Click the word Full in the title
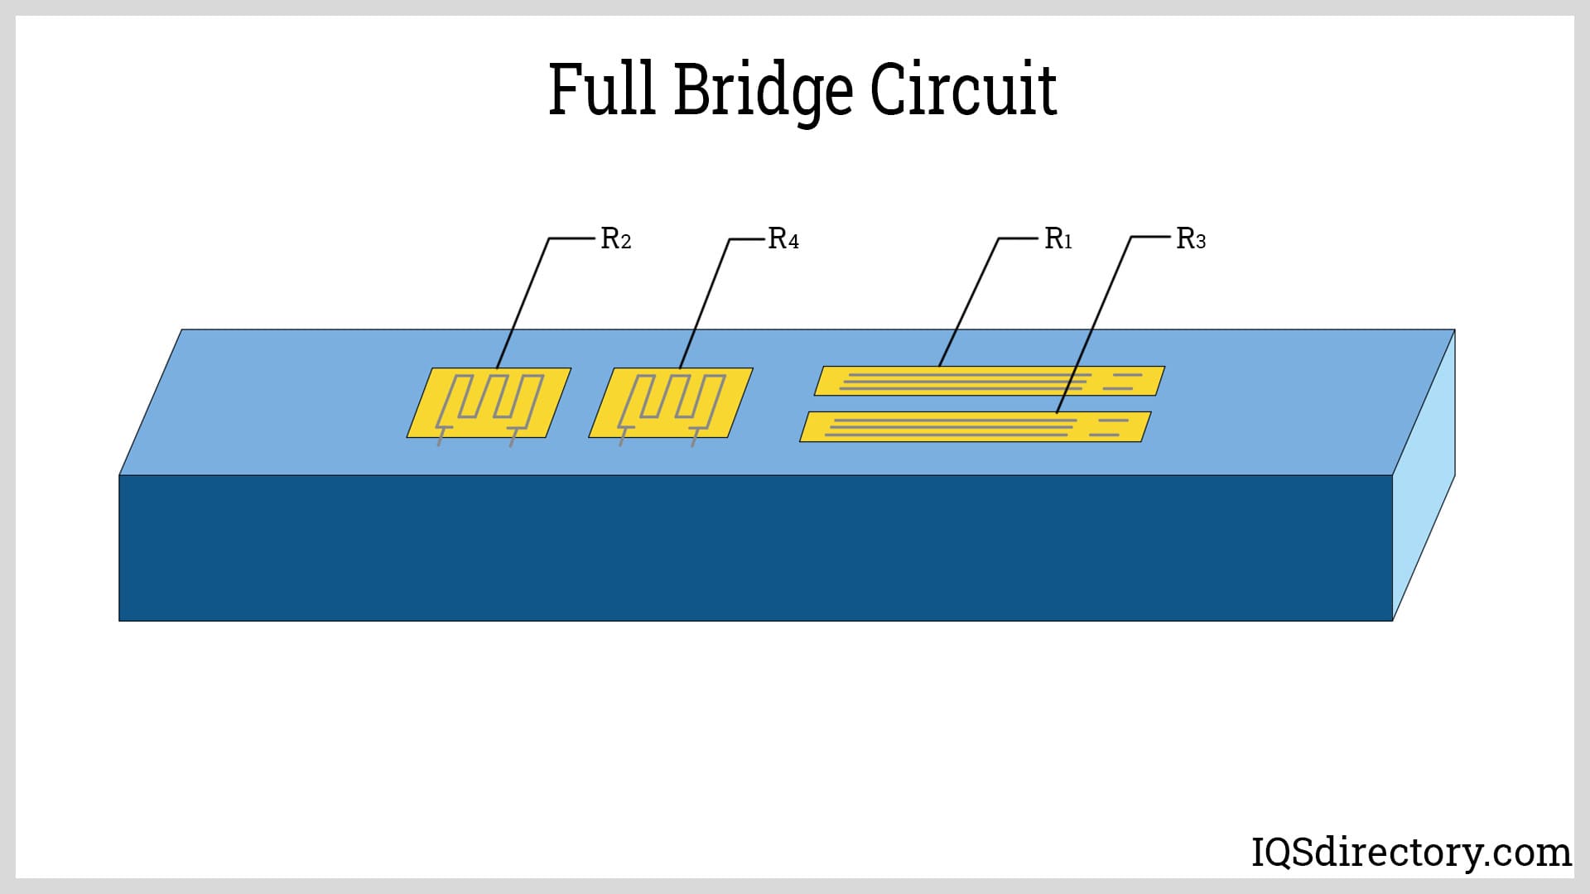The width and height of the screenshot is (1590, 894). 604,89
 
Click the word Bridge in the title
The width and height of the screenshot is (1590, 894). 762,91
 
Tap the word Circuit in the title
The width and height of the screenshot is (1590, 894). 962,89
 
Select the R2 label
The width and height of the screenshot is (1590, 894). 615,239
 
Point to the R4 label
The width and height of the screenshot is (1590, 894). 783,239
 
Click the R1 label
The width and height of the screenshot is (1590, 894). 1058,239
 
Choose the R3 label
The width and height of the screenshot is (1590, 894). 1190,239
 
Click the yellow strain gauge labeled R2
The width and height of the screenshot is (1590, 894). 489,403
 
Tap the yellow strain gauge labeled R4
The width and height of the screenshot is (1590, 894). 671,403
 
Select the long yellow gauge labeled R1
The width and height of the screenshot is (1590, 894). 990,381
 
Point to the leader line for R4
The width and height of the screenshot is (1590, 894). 705,301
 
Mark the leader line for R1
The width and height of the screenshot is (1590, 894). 969,301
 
